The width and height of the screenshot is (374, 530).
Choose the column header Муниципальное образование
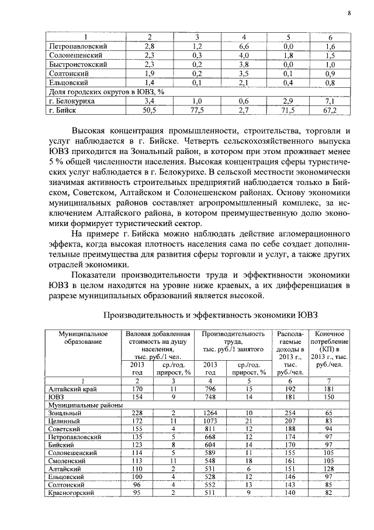click(79, 337)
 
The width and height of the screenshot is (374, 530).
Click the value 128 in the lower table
click(330, 469)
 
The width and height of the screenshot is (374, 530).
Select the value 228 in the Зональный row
click(137, 413)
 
